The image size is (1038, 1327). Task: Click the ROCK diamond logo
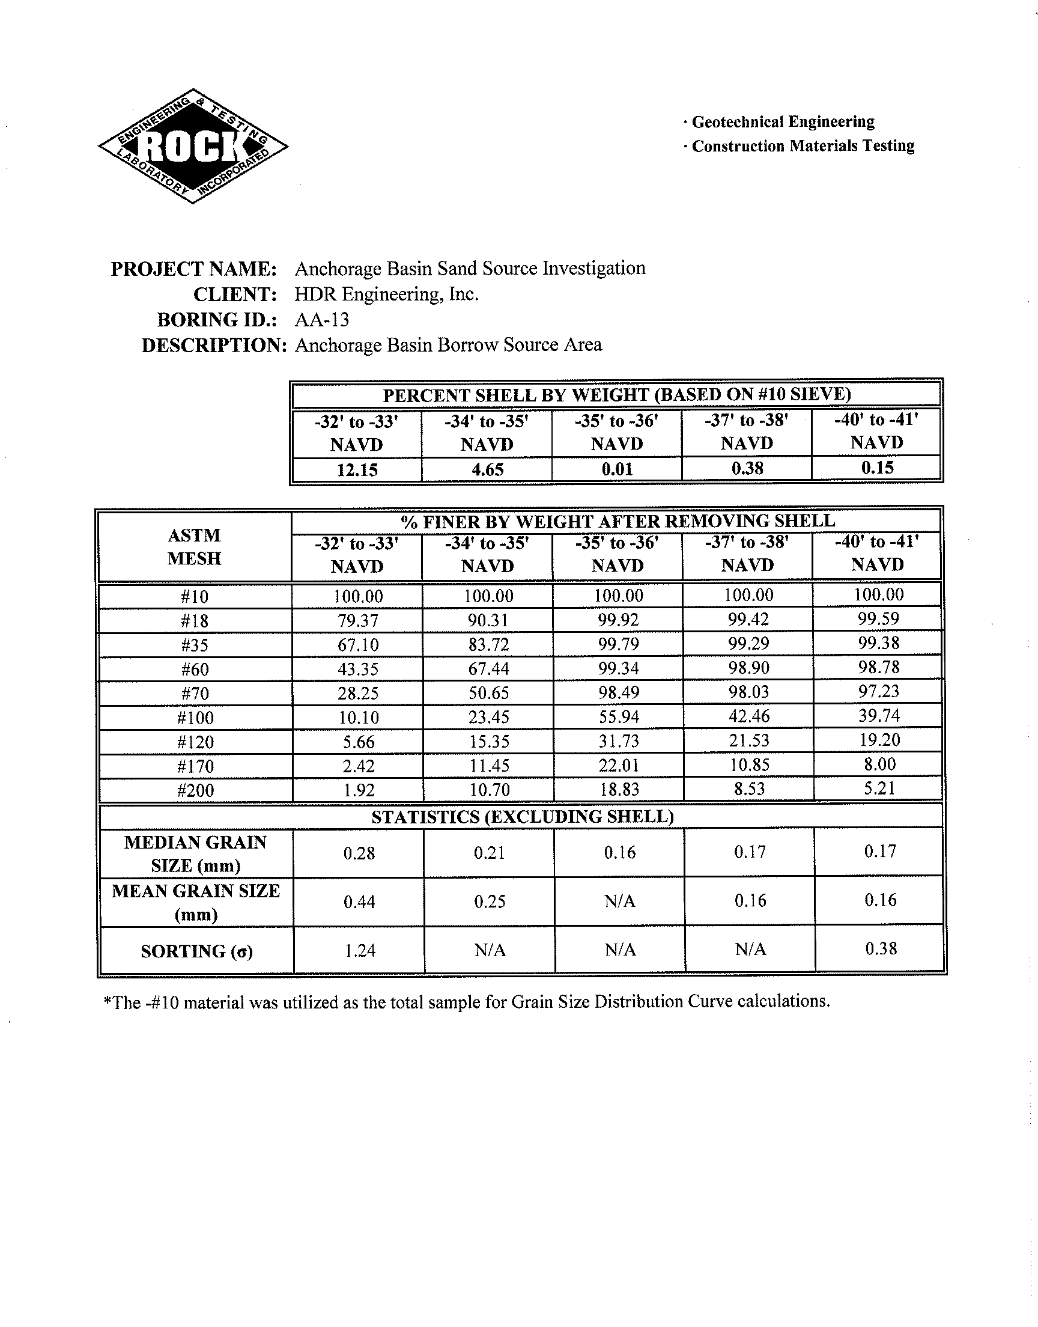(193, 146)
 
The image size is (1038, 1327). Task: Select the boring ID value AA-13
(321, 320)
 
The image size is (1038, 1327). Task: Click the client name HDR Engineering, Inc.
(386, 294)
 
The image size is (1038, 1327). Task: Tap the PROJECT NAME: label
(194, 269)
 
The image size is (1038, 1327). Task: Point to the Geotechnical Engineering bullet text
(783, 121)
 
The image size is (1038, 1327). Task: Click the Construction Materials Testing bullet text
(803, 146)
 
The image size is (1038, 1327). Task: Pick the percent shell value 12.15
(357, 469)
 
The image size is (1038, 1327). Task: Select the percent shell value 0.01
(617, 469)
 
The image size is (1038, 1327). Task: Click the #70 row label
(195, 694)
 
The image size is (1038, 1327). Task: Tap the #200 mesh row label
(195, 790)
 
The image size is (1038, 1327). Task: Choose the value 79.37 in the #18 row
(358, 621)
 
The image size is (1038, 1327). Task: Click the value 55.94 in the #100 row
(618, 717)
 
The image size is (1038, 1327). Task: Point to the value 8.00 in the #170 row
(879, 764)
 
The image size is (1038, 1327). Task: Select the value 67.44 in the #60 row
(488, 669)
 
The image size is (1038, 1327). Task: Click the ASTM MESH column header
(195, 546)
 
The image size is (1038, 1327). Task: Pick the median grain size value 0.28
(359, 853)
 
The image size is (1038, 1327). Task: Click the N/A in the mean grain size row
(619, 901)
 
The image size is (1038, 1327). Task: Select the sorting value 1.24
(359, 950)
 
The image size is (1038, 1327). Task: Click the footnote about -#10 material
(467, 1001)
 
